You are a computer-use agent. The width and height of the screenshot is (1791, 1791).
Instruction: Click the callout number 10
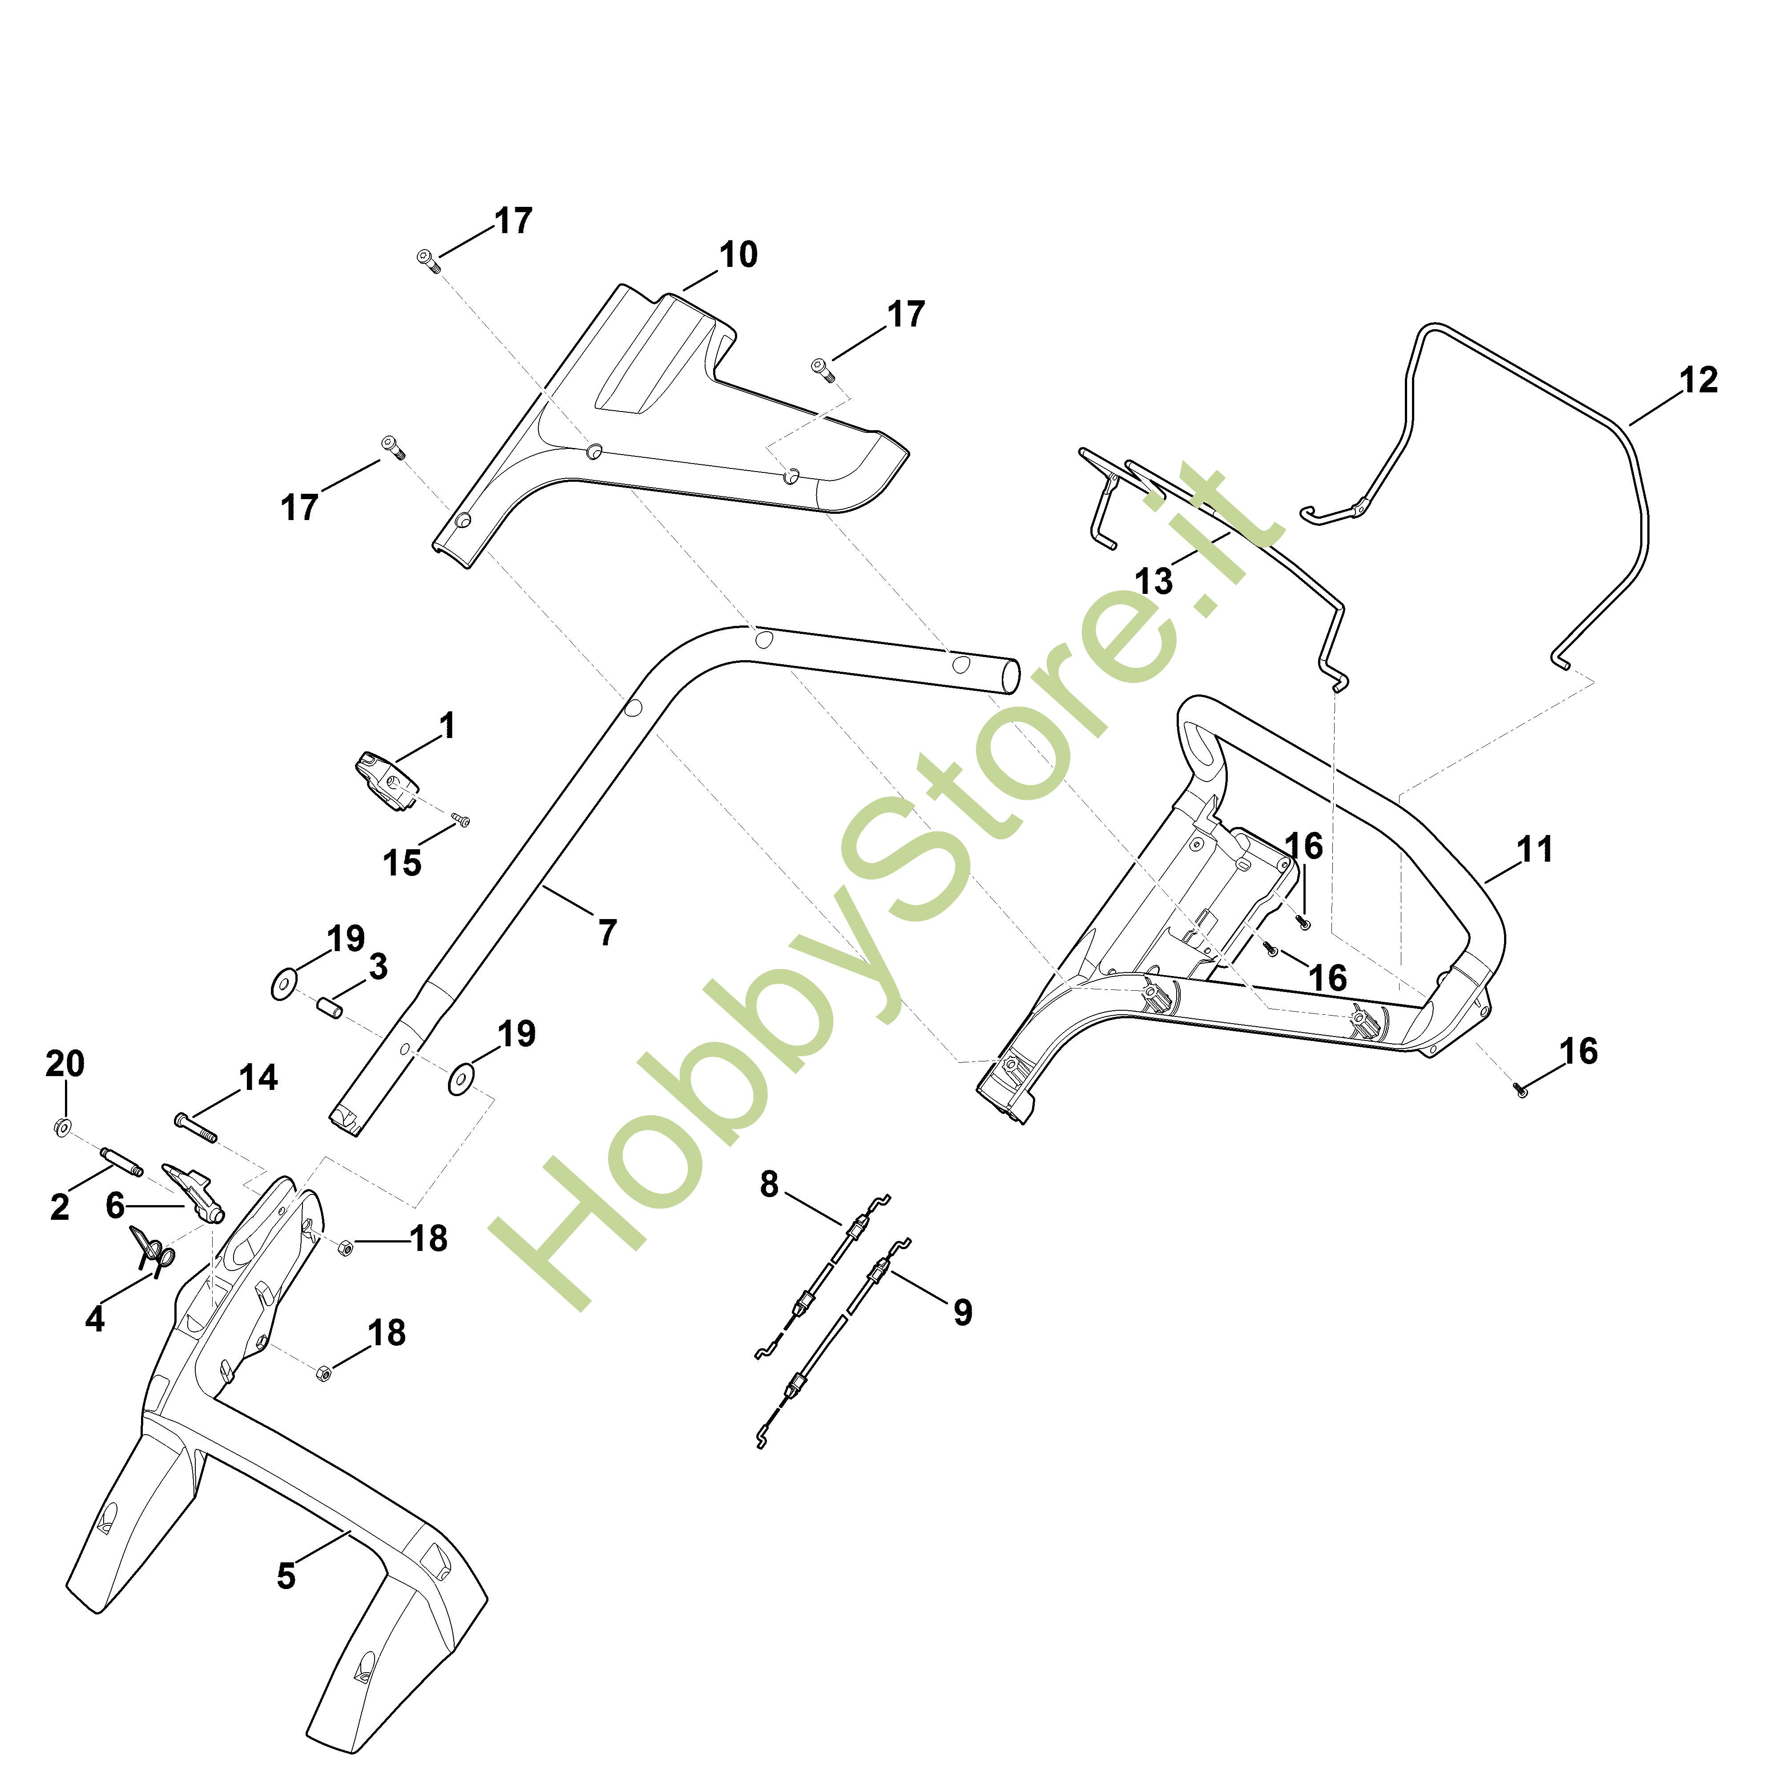[x=738, y=255]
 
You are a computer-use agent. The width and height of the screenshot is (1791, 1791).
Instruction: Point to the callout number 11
[x=1534, y=849]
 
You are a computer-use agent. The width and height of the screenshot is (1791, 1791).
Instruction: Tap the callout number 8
[x=770, y=1184]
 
